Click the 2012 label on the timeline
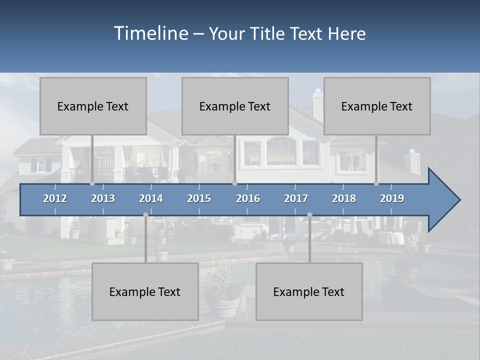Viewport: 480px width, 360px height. (55, 198)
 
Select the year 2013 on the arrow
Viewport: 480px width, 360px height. (103, 198)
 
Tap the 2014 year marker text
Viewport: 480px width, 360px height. (151, 198)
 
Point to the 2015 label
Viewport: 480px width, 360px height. (199, 198)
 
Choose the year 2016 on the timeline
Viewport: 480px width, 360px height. (248, 198)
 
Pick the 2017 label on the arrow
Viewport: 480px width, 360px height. (296, 198)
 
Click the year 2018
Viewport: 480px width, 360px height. (344, 198)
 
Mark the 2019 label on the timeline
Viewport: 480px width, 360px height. (392, 198)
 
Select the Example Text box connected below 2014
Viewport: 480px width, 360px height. (145, 292)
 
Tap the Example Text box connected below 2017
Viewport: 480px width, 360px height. (309, 292)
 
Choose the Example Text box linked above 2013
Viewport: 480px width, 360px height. (93, 106)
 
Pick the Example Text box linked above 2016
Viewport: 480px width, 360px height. (235, 106)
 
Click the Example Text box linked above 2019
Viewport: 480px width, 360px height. (377, 106)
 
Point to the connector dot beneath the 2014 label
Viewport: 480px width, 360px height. (145, 214)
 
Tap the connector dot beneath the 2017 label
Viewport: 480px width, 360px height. (309, 214)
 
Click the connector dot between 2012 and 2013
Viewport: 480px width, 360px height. (92, 183)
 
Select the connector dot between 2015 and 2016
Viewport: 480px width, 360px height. (234, 183)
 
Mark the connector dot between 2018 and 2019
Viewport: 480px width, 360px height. (376, 183)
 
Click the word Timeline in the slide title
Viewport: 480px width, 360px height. (150, 33)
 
